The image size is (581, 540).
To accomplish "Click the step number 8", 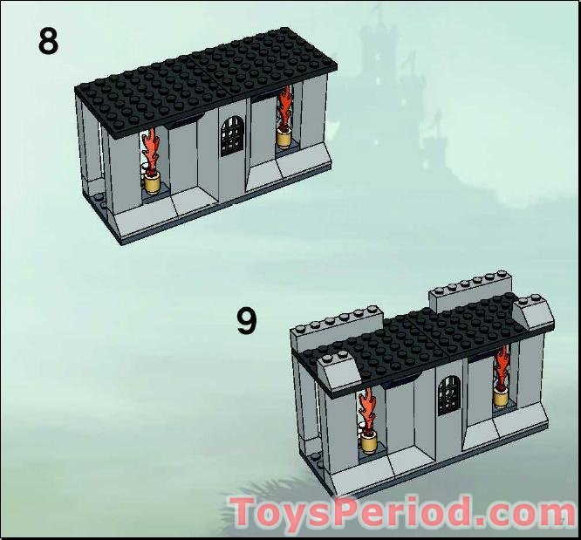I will pyautogui.click(x=48, y=40).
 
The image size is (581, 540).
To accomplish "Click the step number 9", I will pyautogui.click(x=247, y=321).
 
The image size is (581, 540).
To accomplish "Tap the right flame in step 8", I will pyautogui.click(x=285, y=107).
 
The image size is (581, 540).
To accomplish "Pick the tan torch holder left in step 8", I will pyautogui.click(x=154, y=182).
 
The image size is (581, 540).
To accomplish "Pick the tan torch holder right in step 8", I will pyautogui.click(x=285, y=137).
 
